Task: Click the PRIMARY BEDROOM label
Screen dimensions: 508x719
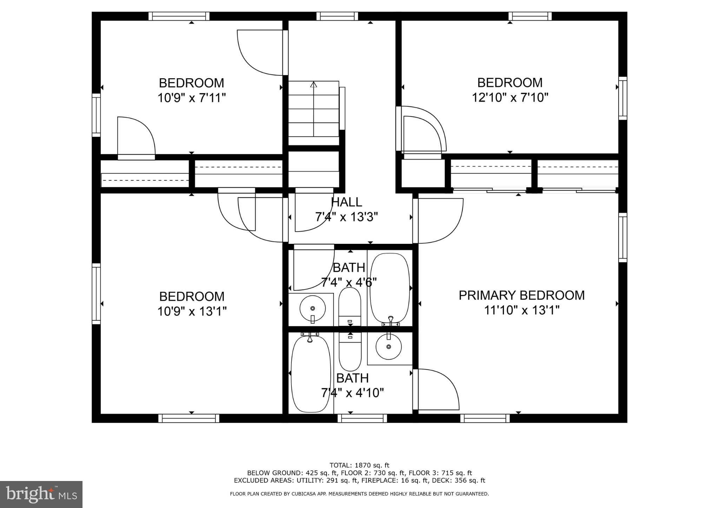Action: click(x=521, y=295)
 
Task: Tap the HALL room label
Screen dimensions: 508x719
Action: click(x=347, y=202)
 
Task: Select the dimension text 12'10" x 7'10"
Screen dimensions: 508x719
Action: click(x=510, y=98)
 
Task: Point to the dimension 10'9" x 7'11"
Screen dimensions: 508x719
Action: click(x=191, y=98)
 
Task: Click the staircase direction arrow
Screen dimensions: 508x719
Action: click(x=314, y=85)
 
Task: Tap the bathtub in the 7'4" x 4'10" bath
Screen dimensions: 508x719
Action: click(x=311, y=374)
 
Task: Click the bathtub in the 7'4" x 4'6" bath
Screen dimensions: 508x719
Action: click(x=390, y=288)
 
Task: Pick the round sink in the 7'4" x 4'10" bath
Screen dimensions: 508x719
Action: click(x=388, y=346)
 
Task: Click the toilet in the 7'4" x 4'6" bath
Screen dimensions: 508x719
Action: click(x=350, y=305)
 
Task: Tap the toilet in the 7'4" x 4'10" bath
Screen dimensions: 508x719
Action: click(x=350, y=353)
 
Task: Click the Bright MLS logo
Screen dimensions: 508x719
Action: click(x=41, y=494)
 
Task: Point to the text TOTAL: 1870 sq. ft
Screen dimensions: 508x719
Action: click(x=359, y=465)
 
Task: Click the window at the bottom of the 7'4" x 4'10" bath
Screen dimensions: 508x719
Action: click(x=362, y=418)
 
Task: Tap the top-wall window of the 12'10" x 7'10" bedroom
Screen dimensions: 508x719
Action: click(x=530, y=16)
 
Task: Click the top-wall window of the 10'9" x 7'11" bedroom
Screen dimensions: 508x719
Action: click(x=179, y=16)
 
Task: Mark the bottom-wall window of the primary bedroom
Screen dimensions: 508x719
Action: click(x=485, y=418)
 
